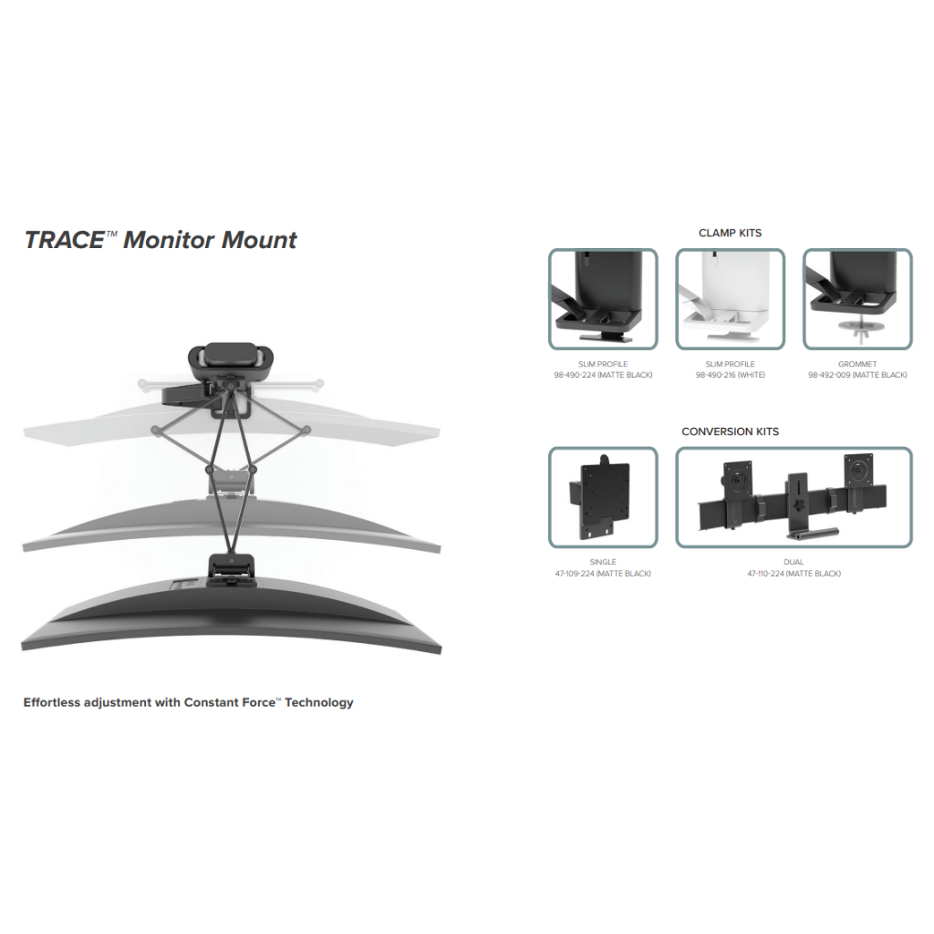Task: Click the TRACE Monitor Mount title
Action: (161, 240)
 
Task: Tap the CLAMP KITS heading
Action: (730, 233)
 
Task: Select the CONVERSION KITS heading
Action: (730, 431)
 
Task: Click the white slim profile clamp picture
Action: (730, 299)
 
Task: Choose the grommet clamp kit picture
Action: (856, 299)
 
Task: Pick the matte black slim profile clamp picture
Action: (602, 299)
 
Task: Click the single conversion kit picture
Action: (602, 497)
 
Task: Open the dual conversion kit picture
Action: (794, 497)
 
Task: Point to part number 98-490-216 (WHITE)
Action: (730, 375)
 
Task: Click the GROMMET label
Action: (857, 364)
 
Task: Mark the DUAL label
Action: (794, 562)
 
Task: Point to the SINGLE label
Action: (603, 562)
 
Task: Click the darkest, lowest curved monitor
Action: (233, 620)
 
